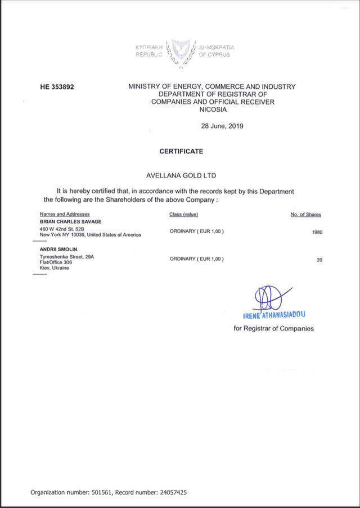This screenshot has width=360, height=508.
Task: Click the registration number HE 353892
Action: [57, 87]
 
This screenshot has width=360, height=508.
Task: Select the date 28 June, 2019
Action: [222, 126]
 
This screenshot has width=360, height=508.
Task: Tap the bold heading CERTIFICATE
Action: [181, 151]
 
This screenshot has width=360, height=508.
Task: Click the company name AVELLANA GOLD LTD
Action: [181, 176]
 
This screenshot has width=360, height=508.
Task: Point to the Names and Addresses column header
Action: [65, 214]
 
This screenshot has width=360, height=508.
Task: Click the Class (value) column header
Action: [184, 214]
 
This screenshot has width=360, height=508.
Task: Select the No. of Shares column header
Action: [306, 214]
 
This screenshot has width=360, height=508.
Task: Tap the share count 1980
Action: [317, 232]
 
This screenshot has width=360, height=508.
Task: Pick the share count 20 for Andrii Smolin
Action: [319, 259]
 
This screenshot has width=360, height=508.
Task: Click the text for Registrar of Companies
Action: [274, 329]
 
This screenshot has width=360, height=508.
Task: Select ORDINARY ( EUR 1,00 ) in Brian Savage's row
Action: [196, 232]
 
